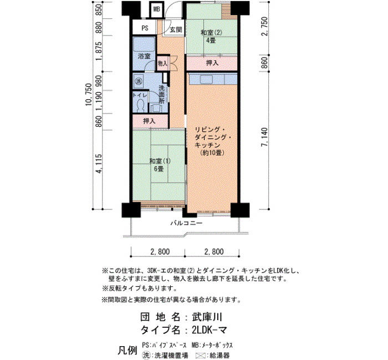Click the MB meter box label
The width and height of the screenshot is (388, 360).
157,9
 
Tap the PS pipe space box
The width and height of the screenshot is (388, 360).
145,28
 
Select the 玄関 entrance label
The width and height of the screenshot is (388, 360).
176,30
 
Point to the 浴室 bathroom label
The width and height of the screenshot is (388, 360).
144,56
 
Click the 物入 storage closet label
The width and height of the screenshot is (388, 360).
162,64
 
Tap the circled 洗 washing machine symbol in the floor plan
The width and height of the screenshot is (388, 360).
139,81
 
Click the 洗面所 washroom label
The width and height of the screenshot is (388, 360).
161,94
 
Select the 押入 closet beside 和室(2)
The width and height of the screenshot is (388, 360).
212,63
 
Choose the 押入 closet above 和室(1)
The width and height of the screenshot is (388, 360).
150,121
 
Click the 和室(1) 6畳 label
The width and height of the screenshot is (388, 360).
160,165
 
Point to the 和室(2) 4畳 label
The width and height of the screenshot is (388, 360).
211,36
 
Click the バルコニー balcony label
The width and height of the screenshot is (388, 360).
186,223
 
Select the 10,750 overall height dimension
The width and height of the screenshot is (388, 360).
89,95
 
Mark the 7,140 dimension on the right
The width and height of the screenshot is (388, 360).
264,137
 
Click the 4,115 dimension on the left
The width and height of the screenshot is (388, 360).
99,163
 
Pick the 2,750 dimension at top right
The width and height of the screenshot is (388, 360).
264,27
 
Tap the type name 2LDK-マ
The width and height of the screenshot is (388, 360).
210,330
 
